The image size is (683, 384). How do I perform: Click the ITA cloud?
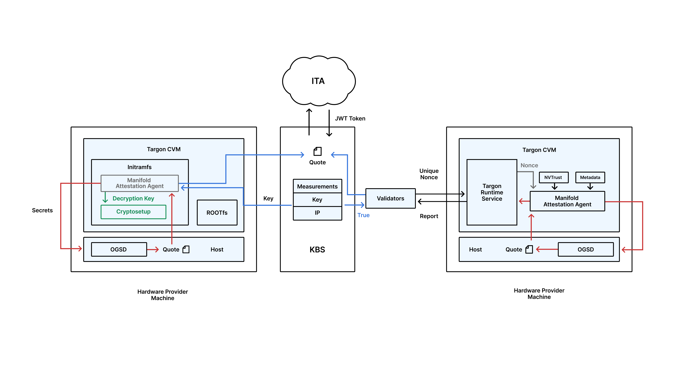(318, 81)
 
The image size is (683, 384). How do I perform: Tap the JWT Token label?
(350, 118)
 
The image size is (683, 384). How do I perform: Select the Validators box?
(390, 199)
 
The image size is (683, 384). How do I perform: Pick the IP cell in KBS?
(317, 213)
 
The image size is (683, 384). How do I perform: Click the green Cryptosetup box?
(133, 212)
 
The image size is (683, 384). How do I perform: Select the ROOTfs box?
(217, 213)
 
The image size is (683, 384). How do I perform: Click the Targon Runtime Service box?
(492, 192)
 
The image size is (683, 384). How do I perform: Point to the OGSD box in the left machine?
(118, 249)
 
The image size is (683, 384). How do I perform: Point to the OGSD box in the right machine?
(585, 249)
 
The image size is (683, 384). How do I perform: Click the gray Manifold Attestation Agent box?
(139, 183)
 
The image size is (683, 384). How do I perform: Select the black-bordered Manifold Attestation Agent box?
(567, 201)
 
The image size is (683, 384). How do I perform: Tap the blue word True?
(363, 215)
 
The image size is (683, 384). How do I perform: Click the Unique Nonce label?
(429, 174)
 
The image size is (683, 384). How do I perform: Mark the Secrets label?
(42, 210)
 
